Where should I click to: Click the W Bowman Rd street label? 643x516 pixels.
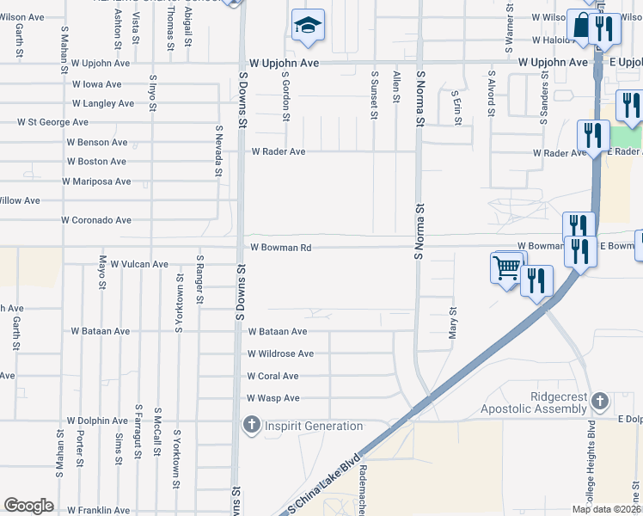[280, 248]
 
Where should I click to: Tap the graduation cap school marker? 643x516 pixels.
[307, 27]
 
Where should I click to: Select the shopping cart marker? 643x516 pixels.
[506, 268]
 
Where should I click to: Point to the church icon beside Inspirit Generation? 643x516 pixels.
[251, 425]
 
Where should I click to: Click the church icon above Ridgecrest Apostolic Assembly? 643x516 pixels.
[600, 401]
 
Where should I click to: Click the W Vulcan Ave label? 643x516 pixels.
[139, 264]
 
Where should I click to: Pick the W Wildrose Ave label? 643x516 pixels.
[280, 353]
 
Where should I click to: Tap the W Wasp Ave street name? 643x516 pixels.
[273, 398]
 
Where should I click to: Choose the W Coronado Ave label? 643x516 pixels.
[96, 220]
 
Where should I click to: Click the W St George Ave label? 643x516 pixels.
[52, 122]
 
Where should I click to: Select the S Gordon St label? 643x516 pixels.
[285, 95]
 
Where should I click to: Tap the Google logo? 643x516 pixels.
[28, 506]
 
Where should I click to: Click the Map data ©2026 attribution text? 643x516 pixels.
[605, 509]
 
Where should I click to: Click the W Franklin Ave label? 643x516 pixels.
[98, 511]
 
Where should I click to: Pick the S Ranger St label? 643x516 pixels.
[199, 279]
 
